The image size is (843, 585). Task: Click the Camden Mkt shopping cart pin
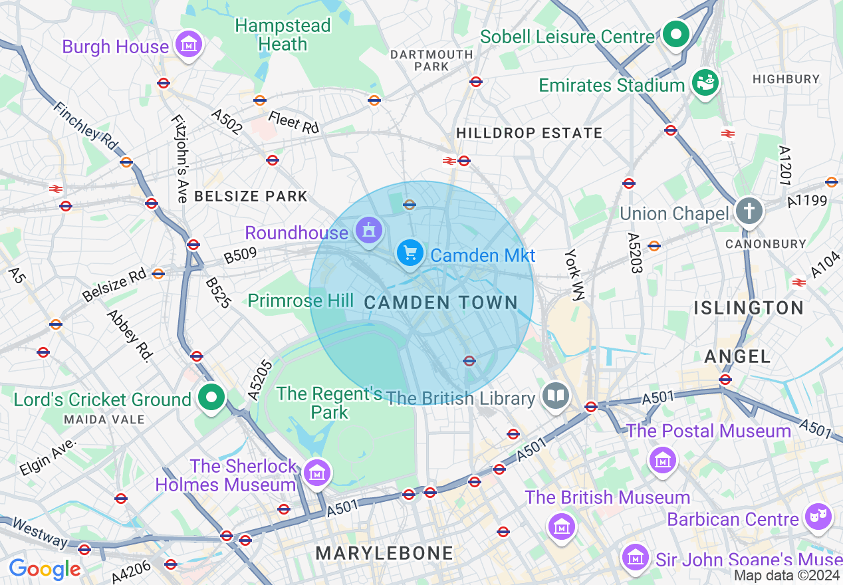(x=410, y=254)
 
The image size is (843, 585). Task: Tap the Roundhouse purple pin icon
(x=368, y=231)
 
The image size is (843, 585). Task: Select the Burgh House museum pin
(x=189, y=45)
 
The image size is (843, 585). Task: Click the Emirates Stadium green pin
(x=705, y=83)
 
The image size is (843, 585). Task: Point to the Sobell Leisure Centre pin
(x=676, y=33)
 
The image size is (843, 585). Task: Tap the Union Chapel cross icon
(x=749, y=212)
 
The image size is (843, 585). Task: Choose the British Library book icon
(x=555, y=397)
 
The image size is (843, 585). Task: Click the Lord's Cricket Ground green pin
(x=211, y=398)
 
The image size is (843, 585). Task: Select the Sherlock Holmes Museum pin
(x=317, y=473)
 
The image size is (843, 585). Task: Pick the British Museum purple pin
(x=562, y=526)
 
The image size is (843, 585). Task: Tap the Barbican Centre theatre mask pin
(x=818, y=517)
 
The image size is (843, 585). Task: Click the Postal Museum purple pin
(x=663, y=459)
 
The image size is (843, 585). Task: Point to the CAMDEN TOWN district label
(x=441, y=302)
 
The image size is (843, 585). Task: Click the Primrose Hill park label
(x=301, y=300)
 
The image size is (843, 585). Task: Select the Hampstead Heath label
(x=283, y=35)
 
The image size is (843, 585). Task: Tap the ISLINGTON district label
(x=749, y=308)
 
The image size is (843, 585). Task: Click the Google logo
(x=45, y=569)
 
